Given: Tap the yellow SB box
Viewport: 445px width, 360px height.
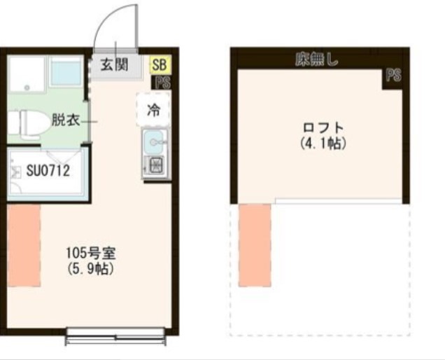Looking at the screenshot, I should pos(159,64).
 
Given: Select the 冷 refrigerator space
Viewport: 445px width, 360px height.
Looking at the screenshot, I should pos(153,109).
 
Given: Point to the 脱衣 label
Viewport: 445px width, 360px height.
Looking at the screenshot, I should pos(64,120).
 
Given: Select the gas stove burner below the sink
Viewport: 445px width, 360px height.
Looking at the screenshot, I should pos(153,166).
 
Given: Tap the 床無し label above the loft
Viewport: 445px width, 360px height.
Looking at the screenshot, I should pos(316,60).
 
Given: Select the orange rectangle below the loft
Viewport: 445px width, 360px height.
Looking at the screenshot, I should pos(254,245).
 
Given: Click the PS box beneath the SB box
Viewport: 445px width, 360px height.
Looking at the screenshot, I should pos(163,82).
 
